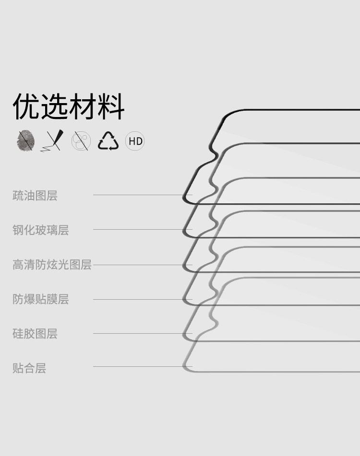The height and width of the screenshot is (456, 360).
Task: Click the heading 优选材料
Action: (x=69, y=106)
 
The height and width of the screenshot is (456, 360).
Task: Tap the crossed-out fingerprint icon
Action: (x=26, y=141)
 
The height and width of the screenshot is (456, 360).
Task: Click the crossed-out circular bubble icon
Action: (x=81, y=141)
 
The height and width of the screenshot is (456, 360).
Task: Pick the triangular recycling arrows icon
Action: (x=108, y=141)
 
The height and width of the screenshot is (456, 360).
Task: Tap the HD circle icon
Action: (x=135, y=141)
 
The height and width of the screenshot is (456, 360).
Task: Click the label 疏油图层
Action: (x=35, y=196)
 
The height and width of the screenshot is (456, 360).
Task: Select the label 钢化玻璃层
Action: (x=41, y=230)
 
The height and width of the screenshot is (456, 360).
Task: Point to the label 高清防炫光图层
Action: (x=52, y=265)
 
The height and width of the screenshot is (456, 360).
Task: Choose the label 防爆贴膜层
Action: (x=41, y=299)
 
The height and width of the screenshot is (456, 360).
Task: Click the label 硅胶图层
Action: (x=35, y=334)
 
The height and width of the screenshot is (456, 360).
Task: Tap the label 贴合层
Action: (x=29, y=368)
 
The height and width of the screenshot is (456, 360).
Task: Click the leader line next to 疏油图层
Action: (x=142, y=195)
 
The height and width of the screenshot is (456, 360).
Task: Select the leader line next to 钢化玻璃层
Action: (x=142, y=229)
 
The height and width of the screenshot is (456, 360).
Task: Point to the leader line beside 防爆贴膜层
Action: (x=142, y=299)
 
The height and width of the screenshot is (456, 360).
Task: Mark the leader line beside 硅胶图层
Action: (x=142, y=333)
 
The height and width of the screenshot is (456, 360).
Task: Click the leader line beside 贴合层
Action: (x=142, y=367)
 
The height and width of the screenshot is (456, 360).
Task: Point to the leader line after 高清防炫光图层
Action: (x=142, y=265)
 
